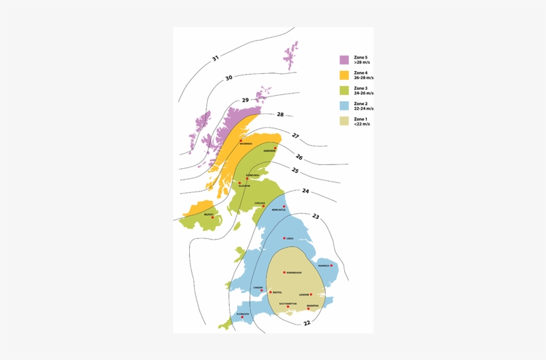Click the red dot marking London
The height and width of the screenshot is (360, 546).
(x=311, y=294)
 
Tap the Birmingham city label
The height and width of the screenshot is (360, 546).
(x=293, y=273)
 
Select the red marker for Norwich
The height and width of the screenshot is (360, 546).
(x=332, y=266)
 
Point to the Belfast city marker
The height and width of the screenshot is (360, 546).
(x=212, y=218)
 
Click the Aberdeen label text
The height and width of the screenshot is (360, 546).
(x=269, y=150)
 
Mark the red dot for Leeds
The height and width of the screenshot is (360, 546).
(x=284, y=238)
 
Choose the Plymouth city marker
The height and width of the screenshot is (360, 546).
(x=242, y=317)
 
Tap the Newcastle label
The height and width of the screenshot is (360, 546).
(x=278, y=210)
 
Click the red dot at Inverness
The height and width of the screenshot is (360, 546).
(x=241, y=141)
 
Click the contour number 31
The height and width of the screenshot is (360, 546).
(x=215, y=59)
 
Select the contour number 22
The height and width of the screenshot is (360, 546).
(x=306, y=323)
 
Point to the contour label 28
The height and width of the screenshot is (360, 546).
(x=280, y=114)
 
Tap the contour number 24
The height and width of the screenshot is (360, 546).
(x=306, y=191)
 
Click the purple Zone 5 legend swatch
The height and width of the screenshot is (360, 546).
(x=344, y=60)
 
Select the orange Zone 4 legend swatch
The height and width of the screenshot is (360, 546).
(x=344, y=75)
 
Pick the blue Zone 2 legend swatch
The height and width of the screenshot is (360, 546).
(x=344, y=106)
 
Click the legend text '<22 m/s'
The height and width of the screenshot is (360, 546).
(x=362, y=124)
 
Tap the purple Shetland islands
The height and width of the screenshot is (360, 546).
(x=292, y=55)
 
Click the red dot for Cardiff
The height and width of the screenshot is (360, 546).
(x=262, y=290)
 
